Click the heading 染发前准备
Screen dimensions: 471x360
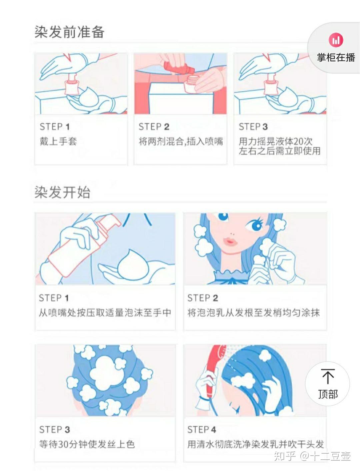point(69,32)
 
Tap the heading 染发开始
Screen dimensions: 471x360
point(62,192)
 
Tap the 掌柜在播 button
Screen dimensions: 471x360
point(336,57)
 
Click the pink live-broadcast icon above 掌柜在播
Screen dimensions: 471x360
point(336,40)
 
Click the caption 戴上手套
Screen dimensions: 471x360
point(58,141)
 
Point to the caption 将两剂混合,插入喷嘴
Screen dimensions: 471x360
point(180,141)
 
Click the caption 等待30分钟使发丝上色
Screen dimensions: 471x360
point(87,444)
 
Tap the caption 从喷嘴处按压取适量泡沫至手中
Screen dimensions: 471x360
point(105,313)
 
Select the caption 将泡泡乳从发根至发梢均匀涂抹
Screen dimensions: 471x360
point(253,313)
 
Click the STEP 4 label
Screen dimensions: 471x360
point(201,429)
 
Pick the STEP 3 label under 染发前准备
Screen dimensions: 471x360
point(253,127)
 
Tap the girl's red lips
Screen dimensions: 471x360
point(230,241)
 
